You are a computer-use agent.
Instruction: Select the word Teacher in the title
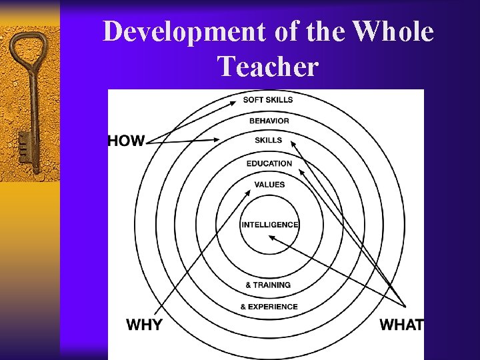[268, 66]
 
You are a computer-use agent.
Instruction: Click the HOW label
[126, 141]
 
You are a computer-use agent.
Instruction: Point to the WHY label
[144, 325]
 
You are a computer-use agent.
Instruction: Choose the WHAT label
[401, 325]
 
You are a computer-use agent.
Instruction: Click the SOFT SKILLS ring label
[268, 100]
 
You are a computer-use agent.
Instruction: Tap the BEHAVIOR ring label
[269, 121]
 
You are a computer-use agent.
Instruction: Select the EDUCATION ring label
[269, 163]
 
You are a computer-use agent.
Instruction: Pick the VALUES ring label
[269, 185]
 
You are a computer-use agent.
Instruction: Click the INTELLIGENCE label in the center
[270, 225]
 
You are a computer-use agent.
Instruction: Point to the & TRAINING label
[268, 285]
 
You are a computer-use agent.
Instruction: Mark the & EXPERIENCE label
[269, 307]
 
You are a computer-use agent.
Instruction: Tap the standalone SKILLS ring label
[269, 140]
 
